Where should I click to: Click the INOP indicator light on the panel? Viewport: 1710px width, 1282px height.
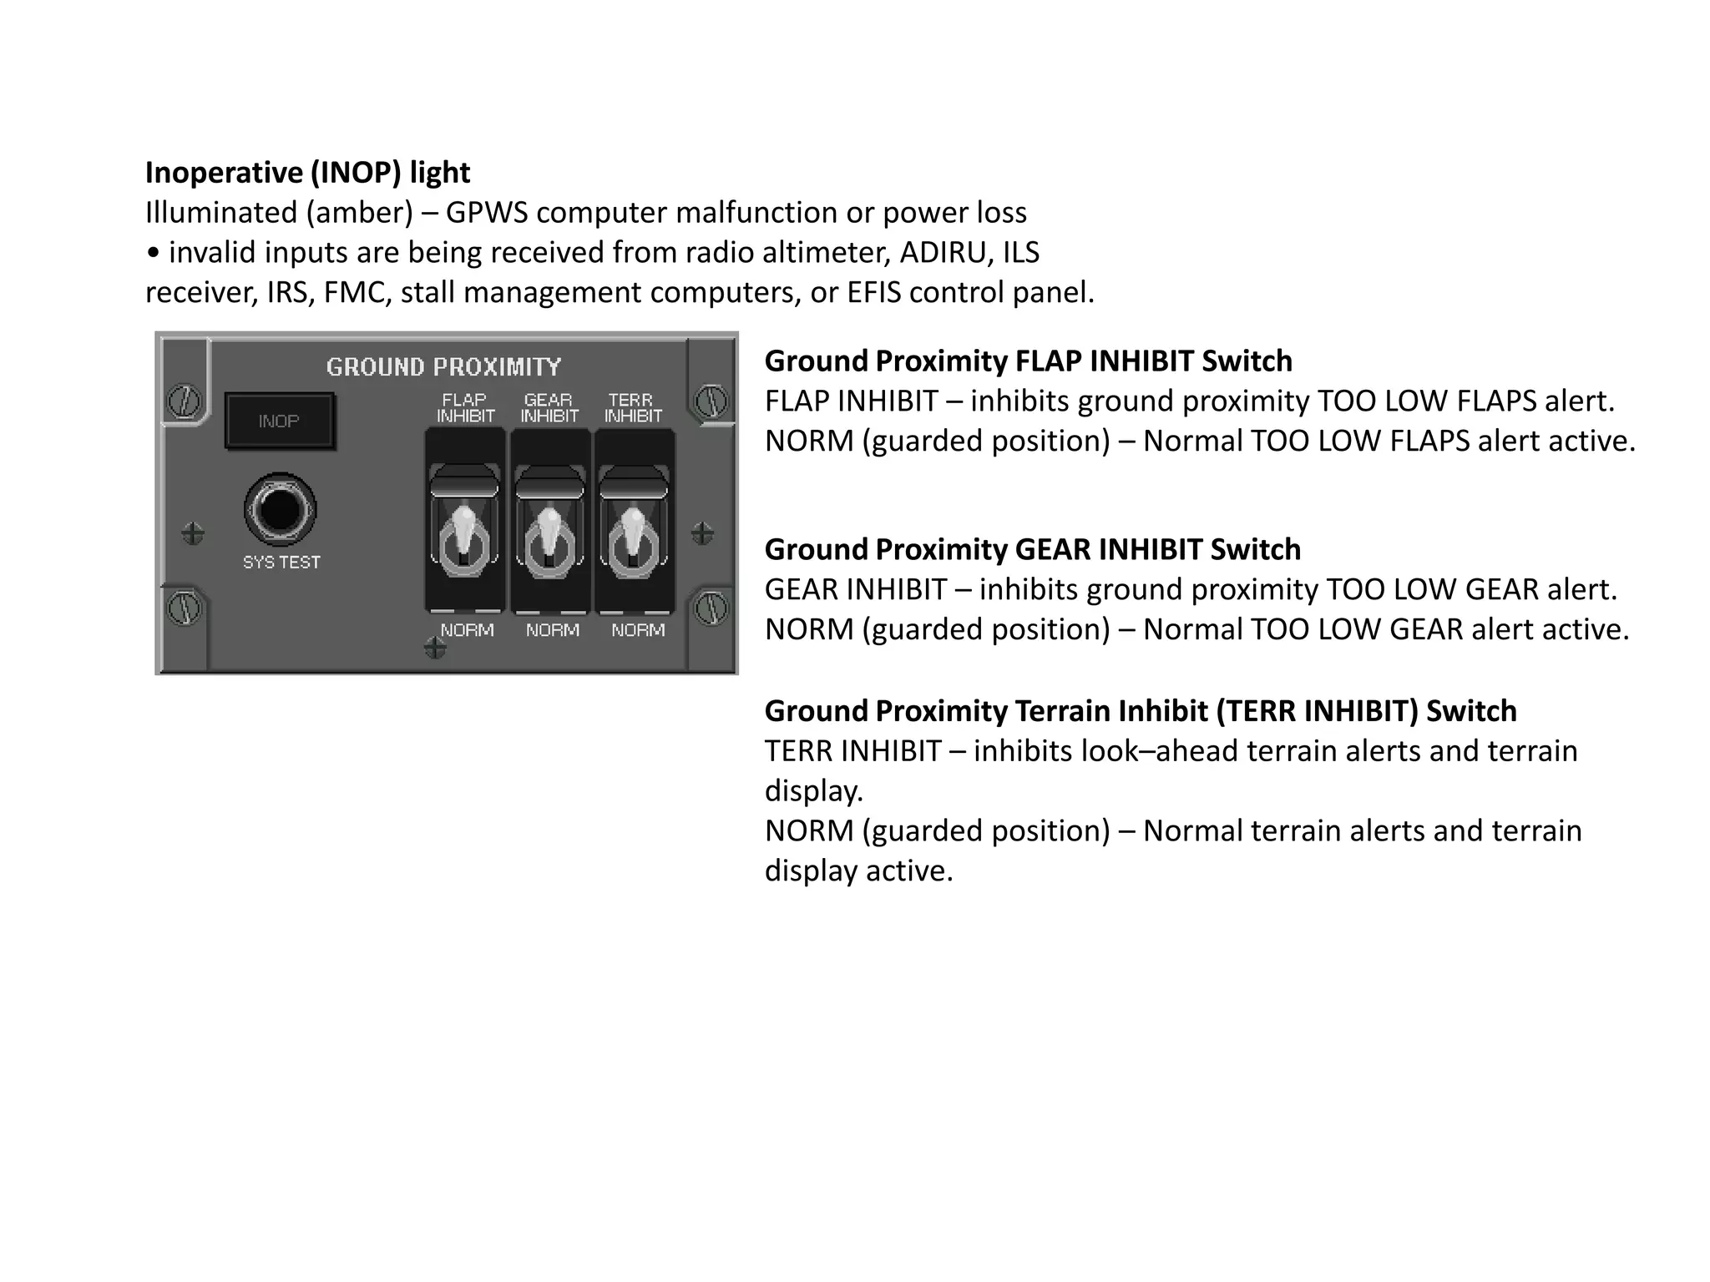pyautogui.click(x=279, y=421)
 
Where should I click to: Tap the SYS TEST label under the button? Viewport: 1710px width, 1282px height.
pyautogui.click(x=281, y=563)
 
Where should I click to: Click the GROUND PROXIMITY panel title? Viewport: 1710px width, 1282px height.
pyautogui.click(x=443, y=367)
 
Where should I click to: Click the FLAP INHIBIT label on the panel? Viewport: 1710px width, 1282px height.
pyautogui.click(x=465, y=408)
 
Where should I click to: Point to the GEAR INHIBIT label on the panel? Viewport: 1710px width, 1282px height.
pyautogui.click(x=549, y=408)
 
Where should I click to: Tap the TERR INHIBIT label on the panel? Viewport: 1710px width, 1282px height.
pyautogui.click(x=633, y=408)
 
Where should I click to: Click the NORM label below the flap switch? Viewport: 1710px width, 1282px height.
pyautogui.click(x=467, y=630)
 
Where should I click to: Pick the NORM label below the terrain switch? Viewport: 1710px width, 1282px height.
pyautogui.click(x=638, y=630)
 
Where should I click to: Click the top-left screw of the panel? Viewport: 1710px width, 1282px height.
pyautogui.click(x=183, y=401)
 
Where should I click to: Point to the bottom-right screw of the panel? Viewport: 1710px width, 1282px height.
pyautogui.click(x=711, y=608)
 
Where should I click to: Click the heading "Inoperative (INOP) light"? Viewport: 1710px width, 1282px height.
pyautogui.click(x=307, y=173)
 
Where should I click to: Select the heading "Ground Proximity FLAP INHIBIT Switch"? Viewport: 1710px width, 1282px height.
pyautogui.click(x=1028, y=361)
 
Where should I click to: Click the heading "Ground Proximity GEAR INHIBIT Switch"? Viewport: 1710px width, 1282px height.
pyautogui.click(x=1032, y=550)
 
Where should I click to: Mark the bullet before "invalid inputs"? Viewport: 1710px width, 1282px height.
pyautogui.click(x=152, y=253)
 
